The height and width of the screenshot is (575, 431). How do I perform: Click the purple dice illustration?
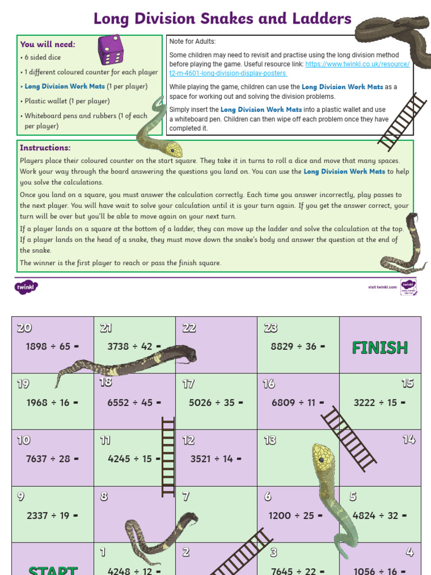[111, 49]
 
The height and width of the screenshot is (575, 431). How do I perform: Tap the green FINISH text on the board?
[379, 348]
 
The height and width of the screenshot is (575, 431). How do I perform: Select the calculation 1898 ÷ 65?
[52, 346]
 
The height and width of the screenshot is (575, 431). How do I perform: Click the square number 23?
[270, 328]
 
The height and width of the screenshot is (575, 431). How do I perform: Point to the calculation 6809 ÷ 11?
[297, 403]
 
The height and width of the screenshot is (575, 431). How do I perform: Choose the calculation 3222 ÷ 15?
[379, 403]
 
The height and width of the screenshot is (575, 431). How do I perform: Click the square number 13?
[270, 440]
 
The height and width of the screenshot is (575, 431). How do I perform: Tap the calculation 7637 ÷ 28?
[52, 459]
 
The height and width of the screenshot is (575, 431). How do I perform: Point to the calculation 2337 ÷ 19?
[52, 515]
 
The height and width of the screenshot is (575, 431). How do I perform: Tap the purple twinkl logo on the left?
[26, 287]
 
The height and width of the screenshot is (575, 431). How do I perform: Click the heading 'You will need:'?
[48, 44]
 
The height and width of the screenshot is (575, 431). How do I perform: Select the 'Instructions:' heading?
[45, 148]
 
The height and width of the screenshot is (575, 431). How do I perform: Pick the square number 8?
[104, 496]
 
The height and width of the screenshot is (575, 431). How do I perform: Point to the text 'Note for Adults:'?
[192, 42]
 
